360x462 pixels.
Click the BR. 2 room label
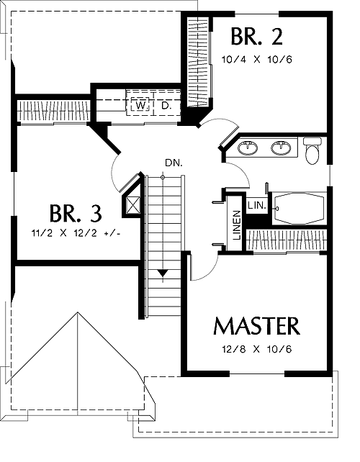coord(256,37)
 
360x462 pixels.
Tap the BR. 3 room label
coord(76,213)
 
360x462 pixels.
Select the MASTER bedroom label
coord(256,326)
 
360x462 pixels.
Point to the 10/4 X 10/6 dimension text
coord(256,60)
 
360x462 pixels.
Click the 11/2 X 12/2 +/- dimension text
coord(76,233)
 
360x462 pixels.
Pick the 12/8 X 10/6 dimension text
coord(256,350)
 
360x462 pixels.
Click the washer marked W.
coord(141,105)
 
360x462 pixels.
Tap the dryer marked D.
coord(166,105)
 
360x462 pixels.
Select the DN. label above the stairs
coord(174,163)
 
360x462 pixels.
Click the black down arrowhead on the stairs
coord(163,273)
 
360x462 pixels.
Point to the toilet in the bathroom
coord(312,151)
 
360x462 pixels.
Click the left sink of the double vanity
coord(248,148)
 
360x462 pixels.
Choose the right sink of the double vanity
coord(281,148)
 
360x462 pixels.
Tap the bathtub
coord(299,208)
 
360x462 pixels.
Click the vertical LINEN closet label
coord(237,225)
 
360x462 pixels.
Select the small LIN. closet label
coord(257,205)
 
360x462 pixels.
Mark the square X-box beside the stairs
coord(133,204)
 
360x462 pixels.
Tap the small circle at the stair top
coord(163,177)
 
